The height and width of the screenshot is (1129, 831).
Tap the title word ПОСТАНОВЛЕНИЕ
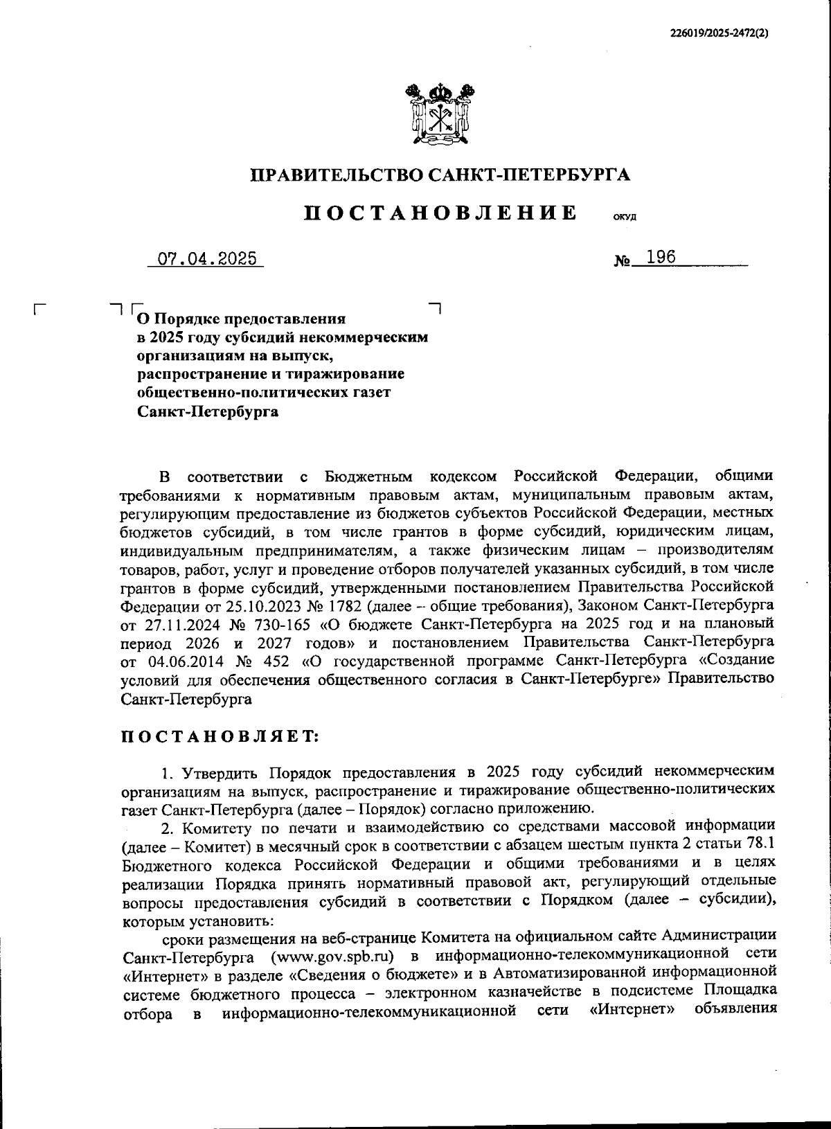click(440, 212)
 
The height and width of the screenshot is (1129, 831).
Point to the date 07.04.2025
click(207, 259)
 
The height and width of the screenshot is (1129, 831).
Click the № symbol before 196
click(622, 262)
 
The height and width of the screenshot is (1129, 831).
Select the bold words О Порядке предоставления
click(241, 319)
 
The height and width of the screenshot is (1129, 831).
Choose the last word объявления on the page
click(733, 1008)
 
